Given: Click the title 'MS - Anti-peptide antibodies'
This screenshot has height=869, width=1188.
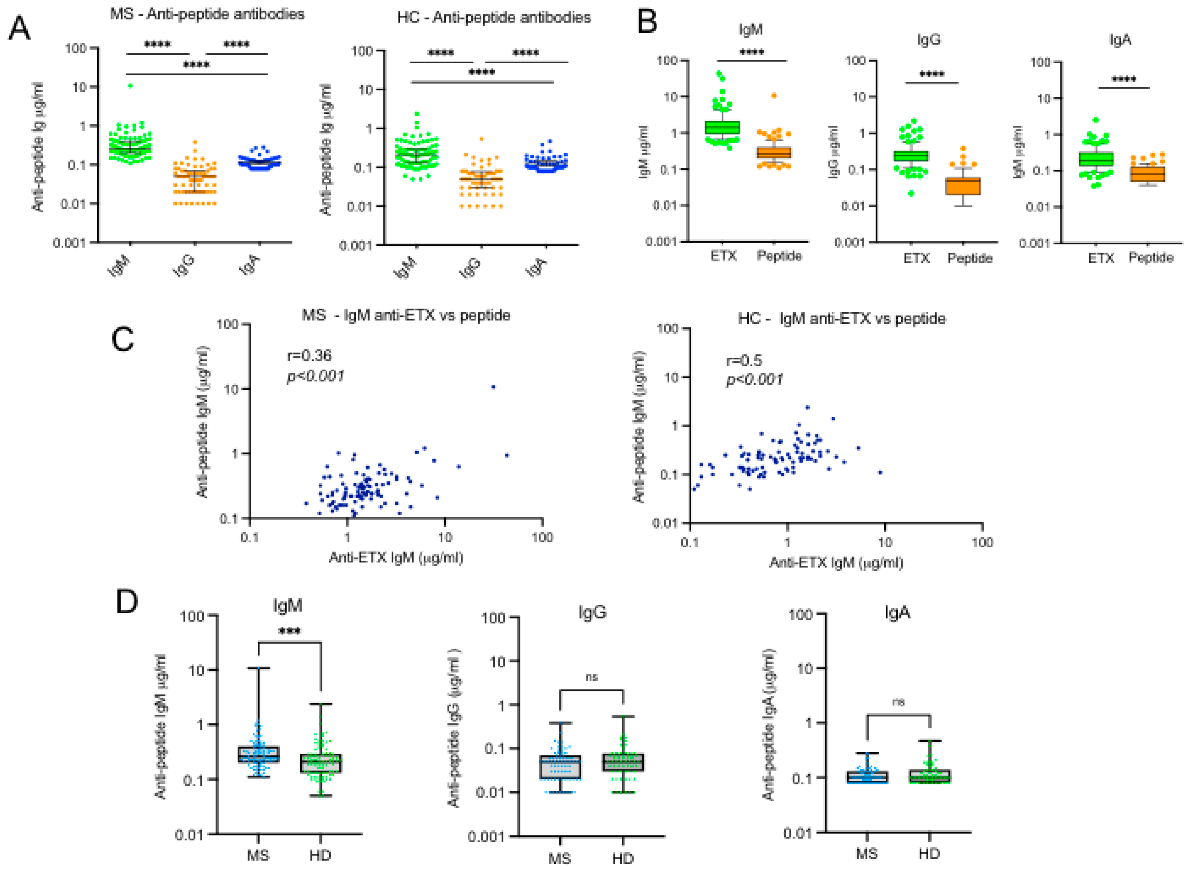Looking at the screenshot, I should coord(207,14).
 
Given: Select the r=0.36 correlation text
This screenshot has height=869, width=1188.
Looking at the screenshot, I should coord(309,356).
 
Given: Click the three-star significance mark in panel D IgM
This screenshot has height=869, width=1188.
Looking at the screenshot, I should coord(289,631).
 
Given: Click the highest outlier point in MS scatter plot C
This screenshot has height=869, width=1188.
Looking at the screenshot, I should coord(493,387).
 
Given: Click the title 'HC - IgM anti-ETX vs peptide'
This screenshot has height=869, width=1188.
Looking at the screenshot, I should coord(841,319).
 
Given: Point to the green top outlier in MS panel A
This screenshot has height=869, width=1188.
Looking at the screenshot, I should coord(130,86).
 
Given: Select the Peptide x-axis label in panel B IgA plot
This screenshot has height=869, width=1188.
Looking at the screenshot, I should coord(1151,258).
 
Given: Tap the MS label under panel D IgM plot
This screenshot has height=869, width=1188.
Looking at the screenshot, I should coord(258,855).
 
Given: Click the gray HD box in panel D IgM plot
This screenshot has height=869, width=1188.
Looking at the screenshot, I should coord(321,763).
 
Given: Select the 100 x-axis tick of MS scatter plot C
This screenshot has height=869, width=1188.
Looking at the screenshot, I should coord(542,537).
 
